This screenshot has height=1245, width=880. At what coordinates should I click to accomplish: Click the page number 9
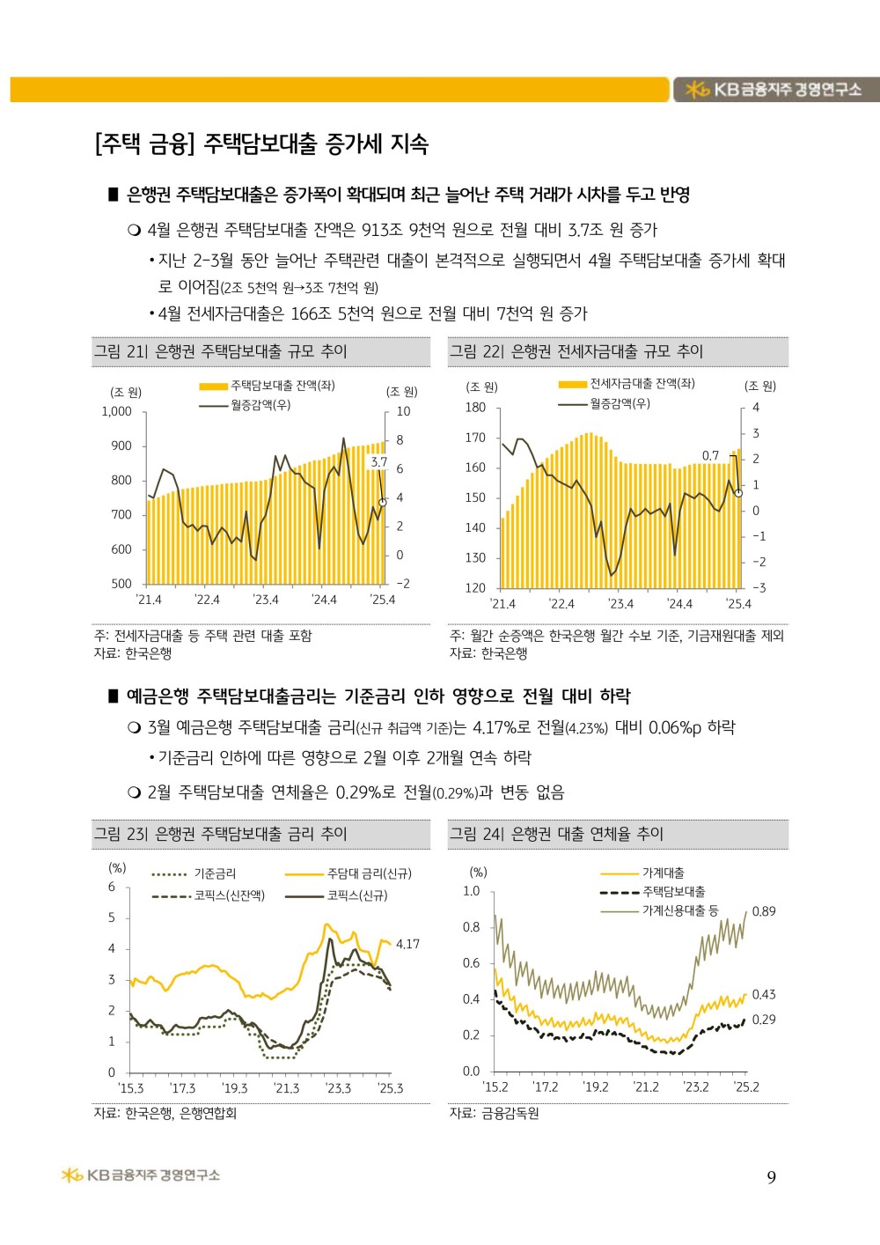pos(771,1177)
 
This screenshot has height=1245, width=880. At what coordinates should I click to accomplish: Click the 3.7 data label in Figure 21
pos(379,462)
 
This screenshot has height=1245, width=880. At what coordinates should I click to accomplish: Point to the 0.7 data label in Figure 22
pos(710,456)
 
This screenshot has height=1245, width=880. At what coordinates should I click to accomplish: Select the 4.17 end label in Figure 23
pos(407,944)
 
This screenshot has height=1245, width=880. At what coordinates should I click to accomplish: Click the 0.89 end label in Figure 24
pos(763,911)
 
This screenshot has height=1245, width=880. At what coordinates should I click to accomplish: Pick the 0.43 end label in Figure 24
pos(763,994)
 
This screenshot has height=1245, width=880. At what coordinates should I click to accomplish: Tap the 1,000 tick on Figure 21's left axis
pos(117,412)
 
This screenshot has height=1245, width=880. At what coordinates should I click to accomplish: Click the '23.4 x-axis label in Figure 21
pos(266,600)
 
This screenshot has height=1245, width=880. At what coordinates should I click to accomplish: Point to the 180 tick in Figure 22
pos(475,408)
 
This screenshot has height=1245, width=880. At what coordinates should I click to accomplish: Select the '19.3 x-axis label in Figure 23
pos(234,1088)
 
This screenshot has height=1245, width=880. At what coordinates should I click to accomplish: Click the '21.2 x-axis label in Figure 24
pos(645,1087)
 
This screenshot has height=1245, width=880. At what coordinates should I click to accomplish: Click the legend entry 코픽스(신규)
pos(337,895)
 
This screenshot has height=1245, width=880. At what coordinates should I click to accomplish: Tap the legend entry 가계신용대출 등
pos(659,910)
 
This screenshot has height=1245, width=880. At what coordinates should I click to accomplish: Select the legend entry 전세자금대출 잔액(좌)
pos(627,384)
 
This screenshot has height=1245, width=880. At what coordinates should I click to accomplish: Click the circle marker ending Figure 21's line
pos(382,503)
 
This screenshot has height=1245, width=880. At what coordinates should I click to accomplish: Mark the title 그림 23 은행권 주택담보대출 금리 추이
pos(221,834)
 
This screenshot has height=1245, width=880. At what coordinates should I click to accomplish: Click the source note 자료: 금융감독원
pos(494,1113)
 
